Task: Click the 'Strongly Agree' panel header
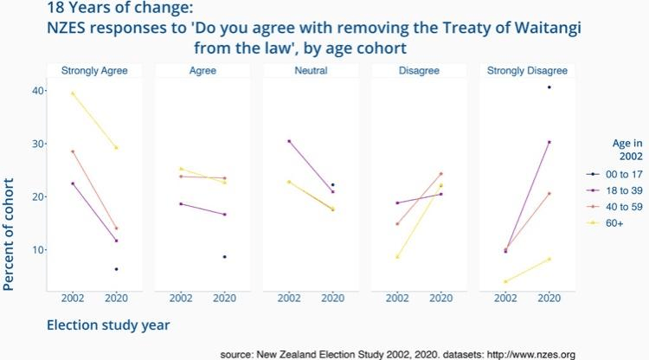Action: tap(94, 70)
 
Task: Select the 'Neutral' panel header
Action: tap(311, 70)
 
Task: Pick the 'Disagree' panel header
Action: tap(419, 70)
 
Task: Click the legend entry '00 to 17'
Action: tap(620, 175)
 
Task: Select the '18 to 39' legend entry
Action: tap(620, 191)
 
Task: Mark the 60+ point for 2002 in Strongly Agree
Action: tap(73, 93)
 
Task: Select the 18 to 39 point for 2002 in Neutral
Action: tap(289, 141)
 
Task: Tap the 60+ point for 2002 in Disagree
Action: tap(397, 257)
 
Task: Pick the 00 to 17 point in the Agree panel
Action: tap(225, 257)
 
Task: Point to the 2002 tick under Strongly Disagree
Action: tap(505, 299)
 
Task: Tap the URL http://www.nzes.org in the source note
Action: tap(526, 354)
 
